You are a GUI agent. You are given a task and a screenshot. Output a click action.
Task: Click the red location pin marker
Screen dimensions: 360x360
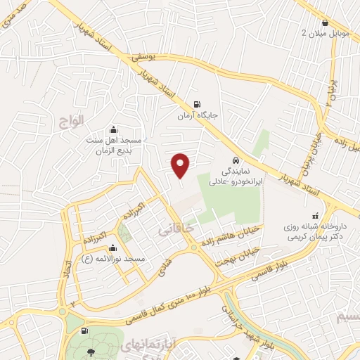point(181,165)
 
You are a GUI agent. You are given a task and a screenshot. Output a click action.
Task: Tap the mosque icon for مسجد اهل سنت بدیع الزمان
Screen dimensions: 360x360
point(114,130)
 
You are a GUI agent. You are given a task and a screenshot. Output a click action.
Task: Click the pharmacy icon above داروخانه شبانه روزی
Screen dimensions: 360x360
point(314,215)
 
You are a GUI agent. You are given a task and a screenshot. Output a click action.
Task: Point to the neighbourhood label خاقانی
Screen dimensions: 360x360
point(173,229)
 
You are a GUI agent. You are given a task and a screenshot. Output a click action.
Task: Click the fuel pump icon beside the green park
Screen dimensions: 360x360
point(85,330)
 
